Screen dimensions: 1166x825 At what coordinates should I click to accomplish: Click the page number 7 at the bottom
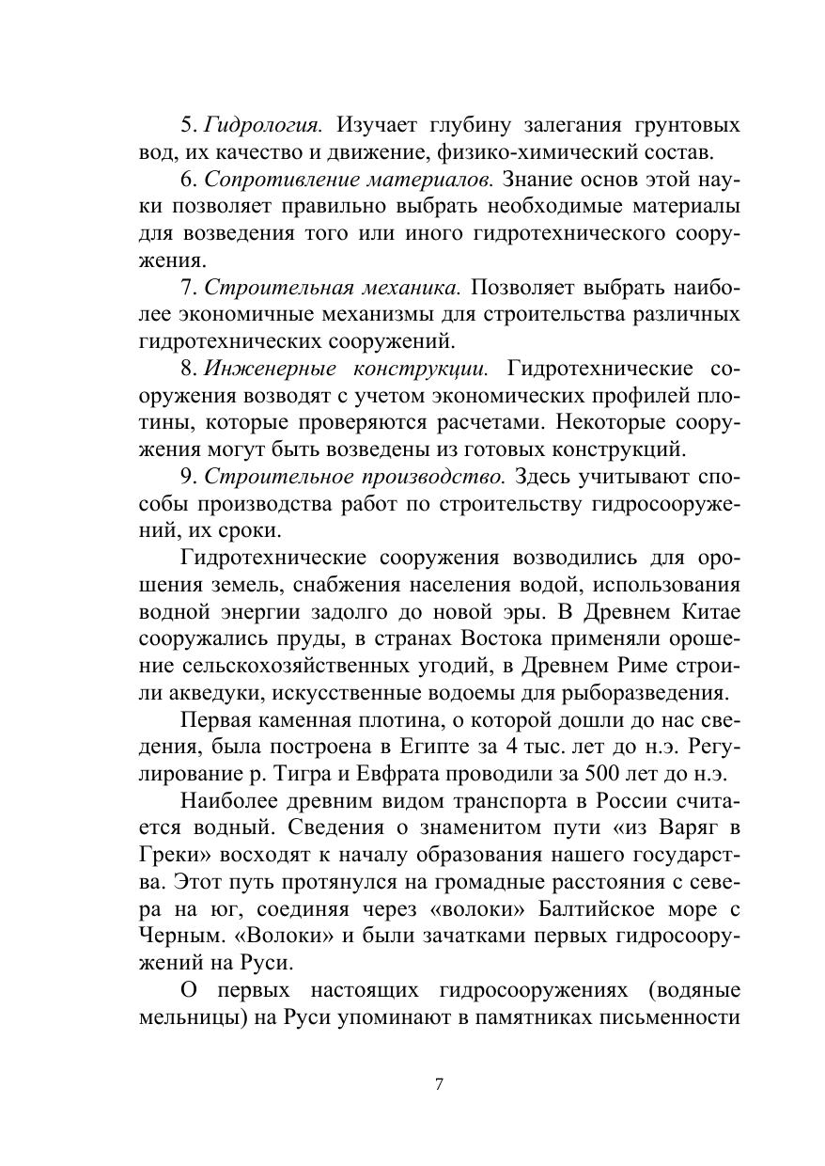tap(440, 1084)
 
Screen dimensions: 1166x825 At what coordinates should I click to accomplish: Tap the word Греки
tap(171, 857)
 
